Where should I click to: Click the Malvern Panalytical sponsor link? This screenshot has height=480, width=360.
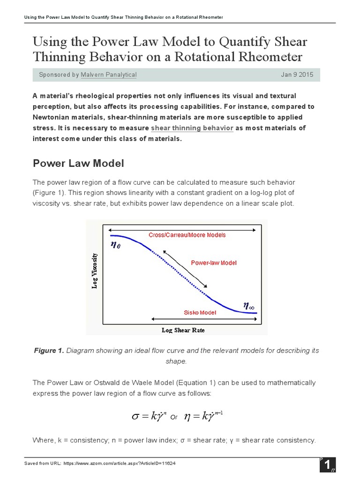[x=108, y=75]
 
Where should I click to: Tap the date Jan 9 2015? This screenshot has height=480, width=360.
[x=297, y=75]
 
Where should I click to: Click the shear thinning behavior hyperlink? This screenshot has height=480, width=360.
[x=192, y=128]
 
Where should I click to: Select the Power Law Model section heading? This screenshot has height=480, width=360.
[x=78, y=163]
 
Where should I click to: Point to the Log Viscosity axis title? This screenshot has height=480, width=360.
[x=94, y=271]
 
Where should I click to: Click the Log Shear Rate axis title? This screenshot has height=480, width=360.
[x=183, y=330]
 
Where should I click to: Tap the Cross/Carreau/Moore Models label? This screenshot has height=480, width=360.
[x=187, y=235]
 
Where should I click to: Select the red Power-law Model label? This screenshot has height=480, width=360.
[x=214, y=262]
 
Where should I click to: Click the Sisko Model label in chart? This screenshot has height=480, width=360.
[x=200, y=312]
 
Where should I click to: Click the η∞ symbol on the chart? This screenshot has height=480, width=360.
[x=248, y=306]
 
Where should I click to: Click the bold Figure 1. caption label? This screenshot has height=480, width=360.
[x=49, y=351]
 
